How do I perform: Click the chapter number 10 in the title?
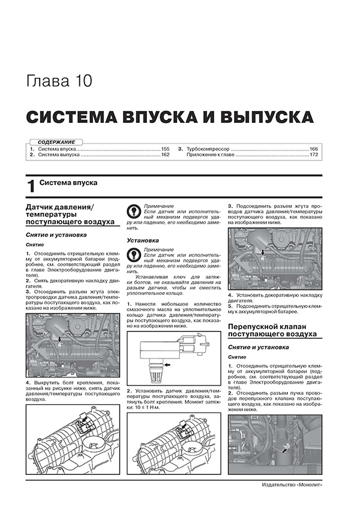(x=81, y=80)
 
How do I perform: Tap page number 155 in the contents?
(x=166, y=148)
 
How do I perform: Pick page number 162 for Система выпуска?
(x=166, y=155)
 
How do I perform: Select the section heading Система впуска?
(x=68, y=182)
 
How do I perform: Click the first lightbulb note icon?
(x=134, y=213)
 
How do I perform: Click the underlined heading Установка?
(x=143, y=240)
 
